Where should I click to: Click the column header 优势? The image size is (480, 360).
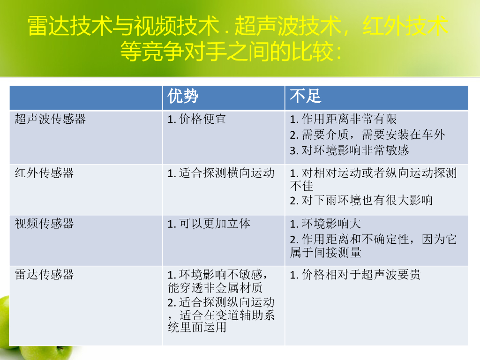[183, 97]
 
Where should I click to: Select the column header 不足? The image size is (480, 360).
[305, 97]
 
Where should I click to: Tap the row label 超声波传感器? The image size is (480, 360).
[50, 119]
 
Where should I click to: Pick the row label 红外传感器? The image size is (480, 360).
[44, 173]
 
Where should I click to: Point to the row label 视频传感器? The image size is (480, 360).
[44, 224]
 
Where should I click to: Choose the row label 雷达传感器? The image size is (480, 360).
[44, 274]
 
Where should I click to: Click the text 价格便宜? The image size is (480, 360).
[202, 119]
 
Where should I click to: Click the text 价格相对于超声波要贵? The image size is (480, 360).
[361, 274]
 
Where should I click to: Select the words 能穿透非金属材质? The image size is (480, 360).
[215, 287]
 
